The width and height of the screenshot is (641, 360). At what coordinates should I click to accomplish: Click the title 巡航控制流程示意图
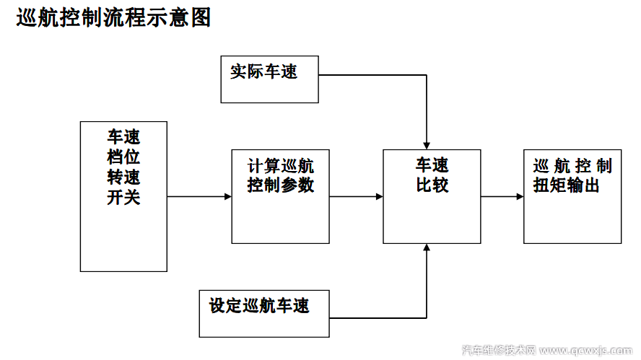pyautogui.click(x=114, y=18)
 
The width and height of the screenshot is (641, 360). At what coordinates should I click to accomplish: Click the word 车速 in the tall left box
pyautogui.click(x=123, y=137)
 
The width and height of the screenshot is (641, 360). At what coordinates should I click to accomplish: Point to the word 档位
pyautogui.click(x=123, y=157)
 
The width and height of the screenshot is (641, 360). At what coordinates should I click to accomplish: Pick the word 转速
pyautogui.click(x=123, y=177)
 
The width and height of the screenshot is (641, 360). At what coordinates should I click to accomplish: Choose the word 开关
pyautogui.click(x=123, y=197)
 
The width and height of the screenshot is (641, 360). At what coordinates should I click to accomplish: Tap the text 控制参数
pyautogui.click(x=281, y=185)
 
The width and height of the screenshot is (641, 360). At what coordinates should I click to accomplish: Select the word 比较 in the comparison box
pyautogui.click(x=432, y=185)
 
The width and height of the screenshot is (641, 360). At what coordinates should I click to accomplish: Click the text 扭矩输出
pyautogui.click(x=567, y=185)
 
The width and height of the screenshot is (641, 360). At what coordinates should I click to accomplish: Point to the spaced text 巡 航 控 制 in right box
pyautogui.click(x=572, y=166)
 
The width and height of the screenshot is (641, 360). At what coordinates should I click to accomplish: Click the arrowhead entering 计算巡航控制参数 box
pyautogui.click(x=227, y=196)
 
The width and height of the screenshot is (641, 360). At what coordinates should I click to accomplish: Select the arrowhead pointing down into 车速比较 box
pyautogui.click(x=427, y=145)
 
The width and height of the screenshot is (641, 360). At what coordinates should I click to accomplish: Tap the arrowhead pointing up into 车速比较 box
pyautogui.click(x=427, y=248)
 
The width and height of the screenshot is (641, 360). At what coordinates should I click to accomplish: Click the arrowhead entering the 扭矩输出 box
pyautogui.click(x=520, y=196)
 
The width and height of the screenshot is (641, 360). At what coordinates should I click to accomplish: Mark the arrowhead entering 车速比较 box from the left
pyautogui.click(x=379, y=196)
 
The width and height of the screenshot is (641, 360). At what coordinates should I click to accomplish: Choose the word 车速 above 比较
pyautogui.click(x=432, y=166)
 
